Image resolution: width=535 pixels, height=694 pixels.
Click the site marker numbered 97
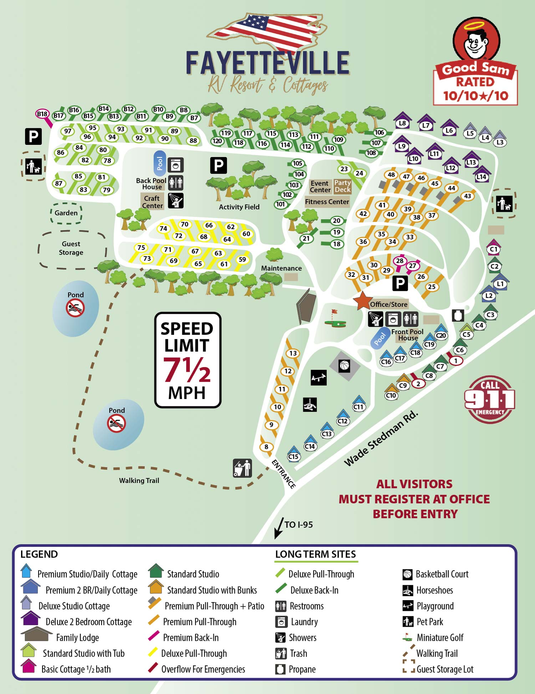[x=68, y=131]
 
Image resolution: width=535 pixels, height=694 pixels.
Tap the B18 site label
[x=42, y=114]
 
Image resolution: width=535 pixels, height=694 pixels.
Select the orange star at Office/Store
[x=362, y=300]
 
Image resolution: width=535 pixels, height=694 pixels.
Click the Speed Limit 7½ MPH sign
[x=188, y=360]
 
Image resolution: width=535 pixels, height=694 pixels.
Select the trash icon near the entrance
[x=243, y=468]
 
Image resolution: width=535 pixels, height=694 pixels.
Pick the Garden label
[x=66, y=213]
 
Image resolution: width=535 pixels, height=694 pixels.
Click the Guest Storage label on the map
[x=71, y=248]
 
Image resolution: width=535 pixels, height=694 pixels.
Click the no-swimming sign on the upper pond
[x=75, y=308]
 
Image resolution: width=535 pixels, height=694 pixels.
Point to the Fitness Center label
[x=327, y=202]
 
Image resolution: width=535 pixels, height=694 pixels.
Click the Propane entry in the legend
[x=302, y=669]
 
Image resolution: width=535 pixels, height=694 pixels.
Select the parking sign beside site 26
[x=400, y=283]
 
